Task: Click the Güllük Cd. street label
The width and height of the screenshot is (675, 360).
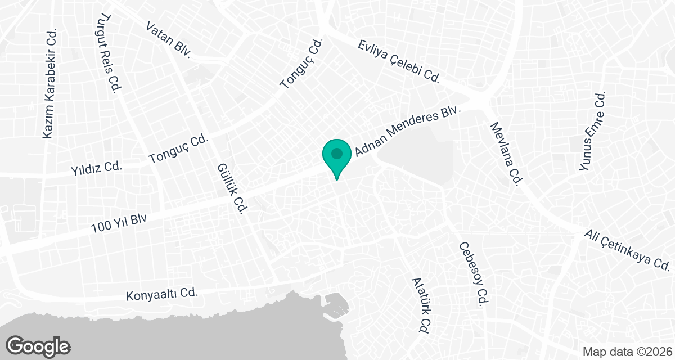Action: click(x=232, y=189)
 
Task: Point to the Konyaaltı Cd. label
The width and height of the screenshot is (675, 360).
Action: click(x=163, y=294)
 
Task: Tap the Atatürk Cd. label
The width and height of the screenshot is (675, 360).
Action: click(x=421, y=304)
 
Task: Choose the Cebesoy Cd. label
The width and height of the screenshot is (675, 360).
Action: click(x=472, y=273)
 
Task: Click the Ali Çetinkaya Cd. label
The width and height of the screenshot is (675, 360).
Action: click(x=626, y=249)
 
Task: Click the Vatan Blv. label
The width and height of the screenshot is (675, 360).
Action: click(x=168, y=40)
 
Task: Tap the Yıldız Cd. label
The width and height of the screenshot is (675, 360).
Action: click(x=97, y=168)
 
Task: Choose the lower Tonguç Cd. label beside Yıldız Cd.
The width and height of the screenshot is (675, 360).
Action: click(x=179, y=150)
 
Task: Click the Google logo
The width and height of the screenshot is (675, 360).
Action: click(x=38, y=346)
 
